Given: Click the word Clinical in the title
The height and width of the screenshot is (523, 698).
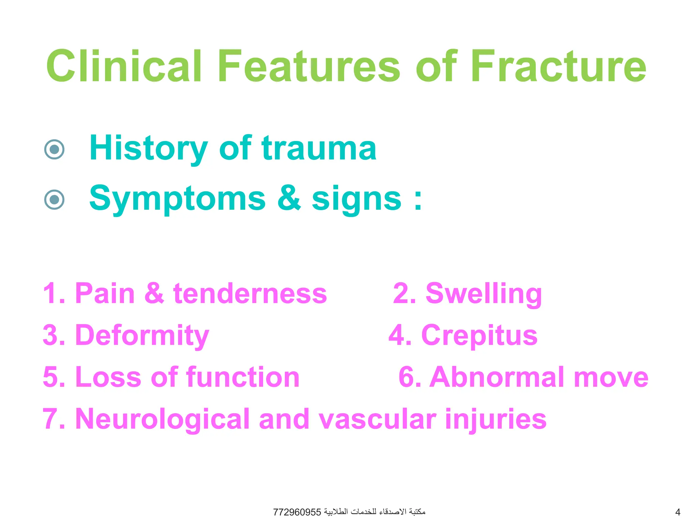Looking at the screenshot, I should coord(124,66).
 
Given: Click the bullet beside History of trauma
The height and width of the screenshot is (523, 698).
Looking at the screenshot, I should coord(55,149).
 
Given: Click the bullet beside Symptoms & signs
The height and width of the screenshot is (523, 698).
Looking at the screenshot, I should coord(55,199).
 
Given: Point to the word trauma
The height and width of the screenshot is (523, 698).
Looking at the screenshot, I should coord(319,148).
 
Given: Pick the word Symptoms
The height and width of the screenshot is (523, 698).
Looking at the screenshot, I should coord(177,199).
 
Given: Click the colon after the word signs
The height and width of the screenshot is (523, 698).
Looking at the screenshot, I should coord(418,199).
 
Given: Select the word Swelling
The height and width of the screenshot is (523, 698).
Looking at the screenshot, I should coord(484,294).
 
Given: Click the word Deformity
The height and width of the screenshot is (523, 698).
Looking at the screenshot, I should coord(142,335).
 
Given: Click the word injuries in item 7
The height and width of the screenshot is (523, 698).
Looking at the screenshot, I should coord(496,419).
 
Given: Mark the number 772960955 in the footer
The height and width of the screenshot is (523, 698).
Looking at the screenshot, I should coord(297,512).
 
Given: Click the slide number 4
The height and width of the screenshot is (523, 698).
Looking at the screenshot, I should coord(678,512).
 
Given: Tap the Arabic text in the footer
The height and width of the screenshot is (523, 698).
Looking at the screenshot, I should coord(375,511).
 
